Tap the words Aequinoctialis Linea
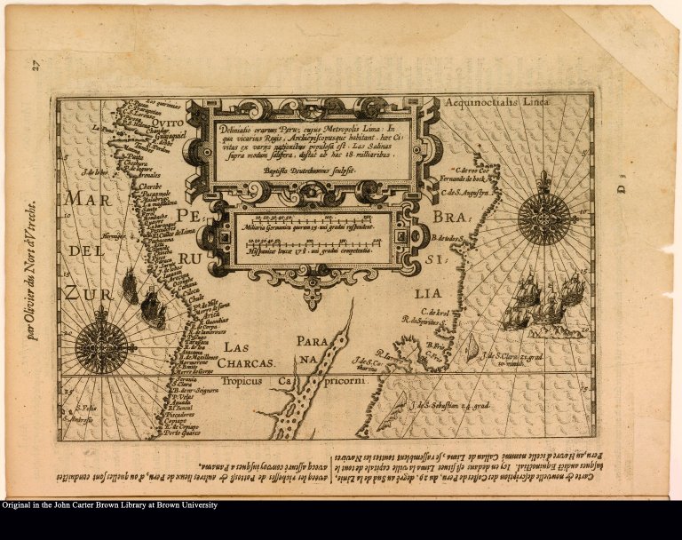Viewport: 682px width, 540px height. (496, 102)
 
